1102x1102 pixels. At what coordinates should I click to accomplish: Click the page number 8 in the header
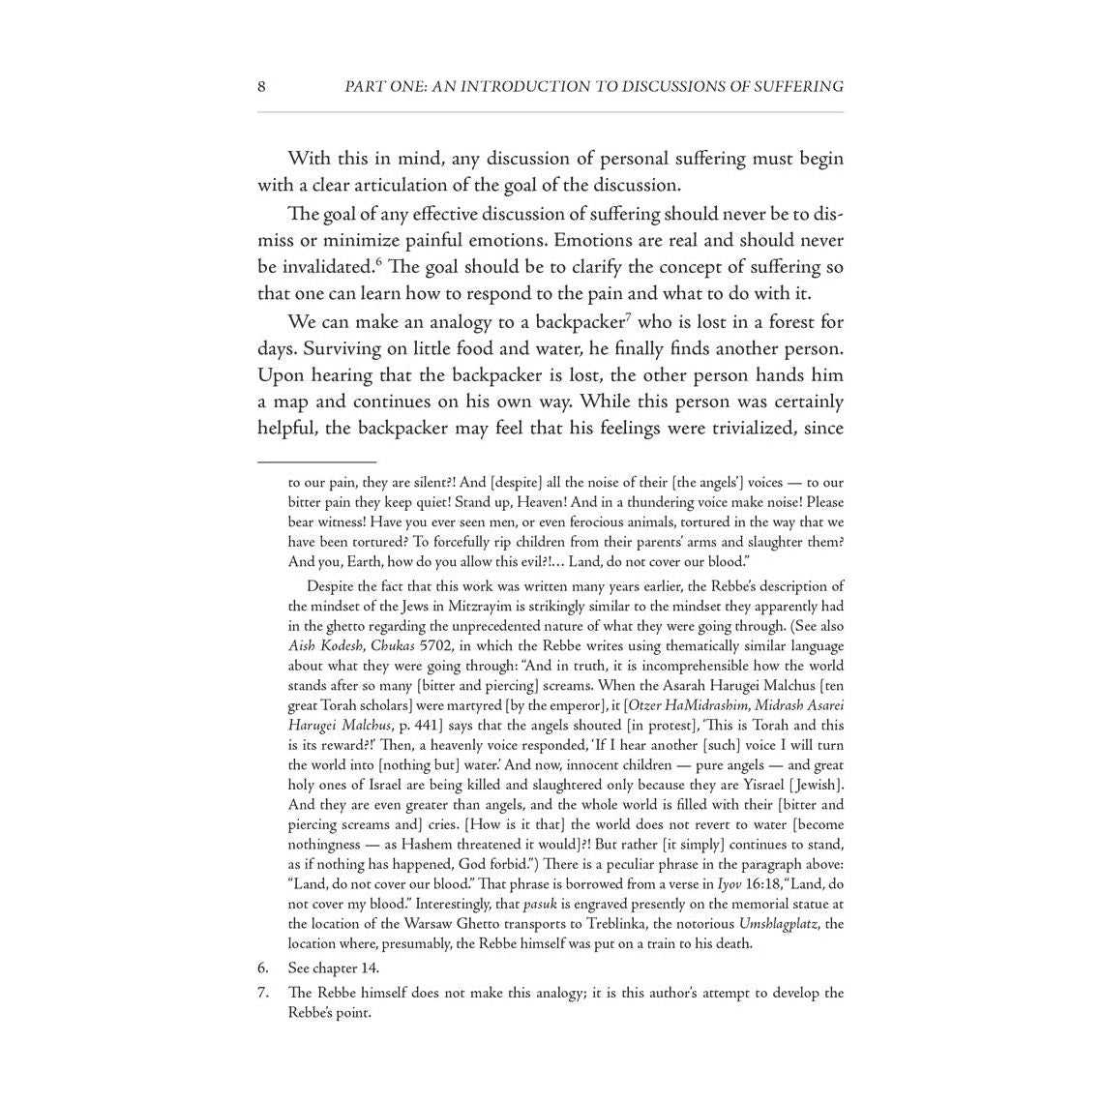(x=261, y=87)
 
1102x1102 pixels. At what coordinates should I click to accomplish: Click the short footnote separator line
(x=316, y=462)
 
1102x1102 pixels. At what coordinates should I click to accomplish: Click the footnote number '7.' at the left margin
(x=262, y=993)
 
